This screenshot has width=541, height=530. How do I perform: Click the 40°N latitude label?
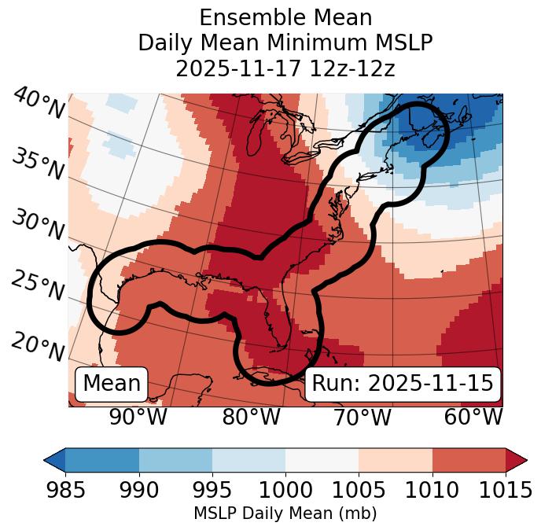tap(39, 105)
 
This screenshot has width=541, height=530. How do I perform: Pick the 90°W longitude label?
tap(138, 417)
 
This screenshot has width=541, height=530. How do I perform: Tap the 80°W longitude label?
tap(252, 417)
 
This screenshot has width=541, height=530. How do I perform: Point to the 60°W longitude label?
tap(473, 417)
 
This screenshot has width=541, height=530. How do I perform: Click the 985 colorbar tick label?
tap(65, 490)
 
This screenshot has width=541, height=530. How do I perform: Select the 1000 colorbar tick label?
tap(285, 490)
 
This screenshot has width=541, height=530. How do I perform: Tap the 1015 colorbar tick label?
tap(505, 490)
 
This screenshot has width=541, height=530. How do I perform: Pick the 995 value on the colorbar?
tap(212, 490)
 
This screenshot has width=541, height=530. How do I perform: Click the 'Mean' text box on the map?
tap(112, 384)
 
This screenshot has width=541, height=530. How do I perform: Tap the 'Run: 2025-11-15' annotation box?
tap(403, 384)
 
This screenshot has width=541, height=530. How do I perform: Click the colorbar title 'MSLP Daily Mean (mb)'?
tap(285, 514)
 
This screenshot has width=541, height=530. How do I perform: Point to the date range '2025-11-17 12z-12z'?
tap(285, 68)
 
